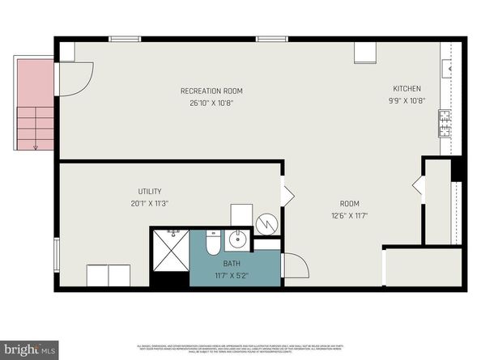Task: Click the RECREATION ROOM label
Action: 211,91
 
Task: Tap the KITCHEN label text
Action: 407,88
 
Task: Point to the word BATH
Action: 232,263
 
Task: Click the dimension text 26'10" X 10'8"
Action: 211,103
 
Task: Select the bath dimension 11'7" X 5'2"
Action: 232,275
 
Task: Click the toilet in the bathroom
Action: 212,242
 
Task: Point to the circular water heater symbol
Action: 266,222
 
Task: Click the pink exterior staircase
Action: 35,105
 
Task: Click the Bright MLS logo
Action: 28,349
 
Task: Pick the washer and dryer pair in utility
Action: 109,275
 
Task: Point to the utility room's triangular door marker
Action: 287,195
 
